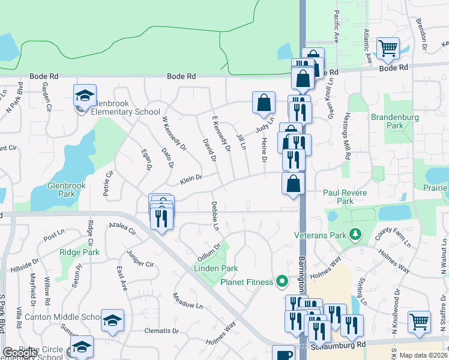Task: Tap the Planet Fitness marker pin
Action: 280,281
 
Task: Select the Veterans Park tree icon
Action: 355,233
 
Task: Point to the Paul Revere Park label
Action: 346,197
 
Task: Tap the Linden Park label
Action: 215,268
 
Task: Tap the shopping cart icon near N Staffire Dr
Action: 418,320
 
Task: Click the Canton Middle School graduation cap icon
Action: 112,320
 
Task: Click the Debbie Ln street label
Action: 214,216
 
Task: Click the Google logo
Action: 20,353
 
